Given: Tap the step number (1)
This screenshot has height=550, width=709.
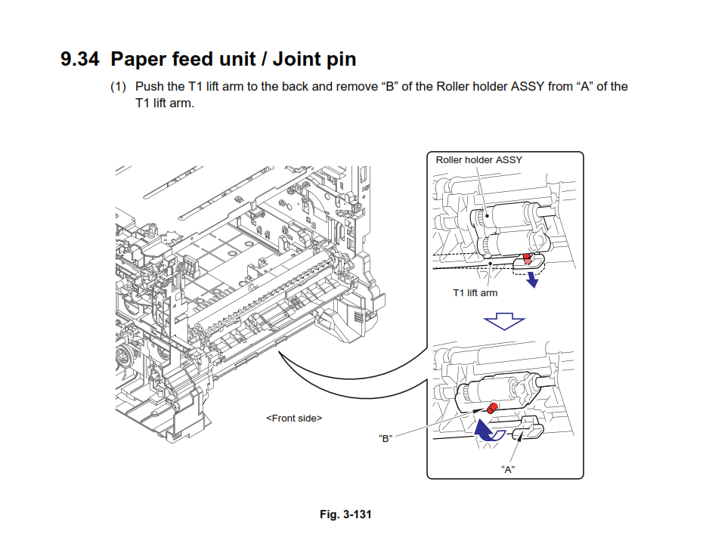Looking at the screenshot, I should [118, 86].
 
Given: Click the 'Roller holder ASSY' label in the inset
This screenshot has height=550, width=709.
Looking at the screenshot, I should [478, 160].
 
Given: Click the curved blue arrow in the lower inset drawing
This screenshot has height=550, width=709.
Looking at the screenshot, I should [485, 431].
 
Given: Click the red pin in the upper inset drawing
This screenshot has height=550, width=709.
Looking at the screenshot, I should [527, 258].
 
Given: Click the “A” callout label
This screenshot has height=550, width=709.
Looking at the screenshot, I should [508, 469].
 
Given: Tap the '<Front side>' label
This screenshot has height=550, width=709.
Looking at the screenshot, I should [294, 418].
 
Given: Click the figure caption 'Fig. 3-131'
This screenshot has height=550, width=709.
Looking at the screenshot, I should [345, 514].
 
